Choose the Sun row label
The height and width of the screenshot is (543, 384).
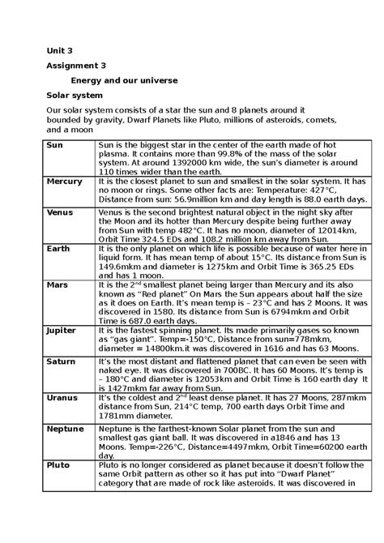click(x=54, y=143)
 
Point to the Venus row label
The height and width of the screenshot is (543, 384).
click(x=60, y=212)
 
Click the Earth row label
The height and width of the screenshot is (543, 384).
click(x=58, y=248)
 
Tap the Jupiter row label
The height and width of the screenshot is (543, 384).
click(x=62, y=331)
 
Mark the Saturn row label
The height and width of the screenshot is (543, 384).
click(x=61, y=360)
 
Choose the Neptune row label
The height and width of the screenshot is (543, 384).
click(x=65, y=427)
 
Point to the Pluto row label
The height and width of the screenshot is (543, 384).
click(x=58, y=465)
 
